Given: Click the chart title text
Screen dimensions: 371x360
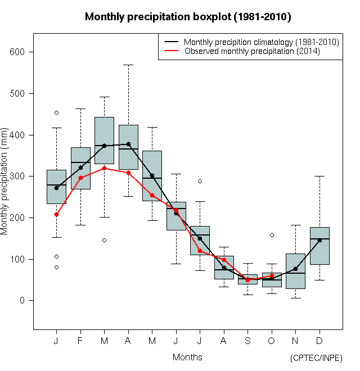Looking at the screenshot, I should (x=187, y=17).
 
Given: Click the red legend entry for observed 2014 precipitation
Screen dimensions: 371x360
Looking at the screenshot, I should (x=252, y=51).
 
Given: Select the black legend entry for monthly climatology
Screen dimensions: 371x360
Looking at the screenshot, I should (x=261, y=42).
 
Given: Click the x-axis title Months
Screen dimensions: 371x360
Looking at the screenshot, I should (x=187, y=357).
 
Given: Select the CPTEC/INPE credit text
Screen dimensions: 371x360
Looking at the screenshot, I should (x=316, y=358).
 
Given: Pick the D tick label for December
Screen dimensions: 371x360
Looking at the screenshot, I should (x=319, y=341).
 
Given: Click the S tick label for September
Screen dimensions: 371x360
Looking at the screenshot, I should (x=247, y=341).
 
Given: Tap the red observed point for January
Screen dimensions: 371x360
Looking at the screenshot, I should (x=56, y=214).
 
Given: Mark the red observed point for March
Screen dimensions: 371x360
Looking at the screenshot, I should (x=104, y=168).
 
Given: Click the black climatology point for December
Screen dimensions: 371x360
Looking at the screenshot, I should (x=319, y=240).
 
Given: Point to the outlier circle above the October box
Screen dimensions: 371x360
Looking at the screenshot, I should (x=272, y=235).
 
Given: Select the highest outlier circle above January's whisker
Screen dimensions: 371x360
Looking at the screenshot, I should (x=56, y=112).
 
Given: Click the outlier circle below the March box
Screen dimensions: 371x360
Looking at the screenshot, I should (x=104, y=240).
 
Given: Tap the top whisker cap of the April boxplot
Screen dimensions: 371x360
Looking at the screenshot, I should (x=128, y=65).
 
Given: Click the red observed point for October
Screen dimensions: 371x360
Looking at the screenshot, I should (x=272, y=276).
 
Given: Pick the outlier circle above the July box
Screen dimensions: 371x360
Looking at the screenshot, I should (x=200, y=181).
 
